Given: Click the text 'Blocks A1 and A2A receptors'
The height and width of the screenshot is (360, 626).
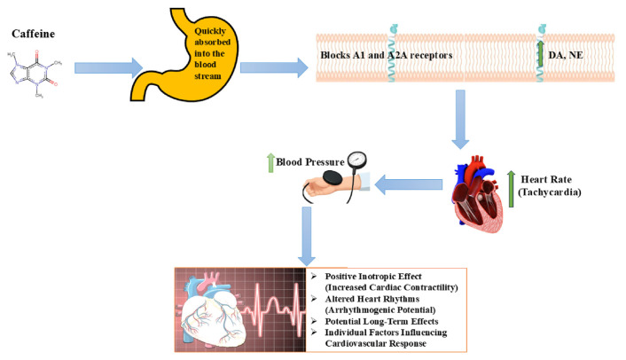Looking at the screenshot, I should tap(387, 55).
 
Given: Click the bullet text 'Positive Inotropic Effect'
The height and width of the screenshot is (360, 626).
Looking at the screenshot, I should tap(387, 276).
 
